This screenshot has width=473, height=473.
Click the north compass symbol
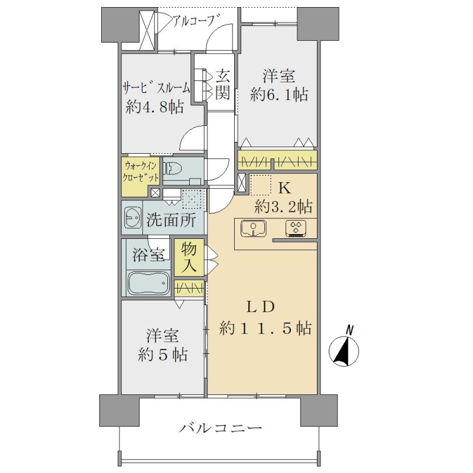click(344, 350)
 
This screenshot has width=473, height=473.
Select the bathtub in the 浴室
click(148, 283)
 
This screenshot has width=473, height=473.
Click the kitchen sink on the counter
click(254, 228)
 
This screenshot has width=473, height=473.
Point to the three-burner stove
click(296, 228)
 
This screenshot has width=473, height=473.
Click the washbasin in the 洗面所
click(132, 218)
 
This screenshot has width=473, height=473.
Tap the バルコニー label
click(221, 427)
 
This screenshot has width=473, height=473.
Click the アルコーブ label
click(195, 21)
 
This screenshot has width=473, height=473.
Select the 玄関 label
click(223, 85)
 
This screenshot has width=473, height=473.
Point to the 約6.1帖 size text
click(279, 95)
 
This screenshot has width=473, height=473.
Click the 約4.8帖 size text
click(155, 107)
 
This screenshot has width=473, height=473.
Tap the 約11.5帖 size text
click(265, 328)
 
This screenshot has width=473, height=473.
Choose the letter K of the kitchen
click(284, 189)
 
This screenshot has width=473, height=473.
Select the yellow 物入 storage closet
click(189, 257)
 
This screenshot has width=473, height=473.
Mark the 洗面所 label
click(171, 219)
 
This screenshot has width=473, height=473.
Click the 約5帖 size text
click(163, 355)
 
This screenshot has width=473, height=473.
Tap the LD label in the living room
click(261, 307)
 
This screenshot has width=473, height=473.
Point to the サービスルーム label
click(156, 88)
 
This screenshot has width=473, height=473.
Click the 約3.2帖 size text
click(284, 207)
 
